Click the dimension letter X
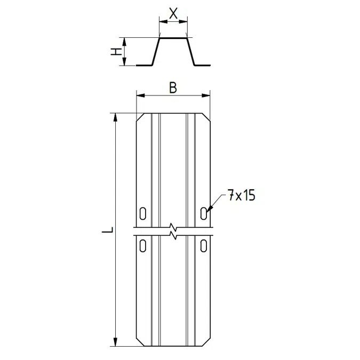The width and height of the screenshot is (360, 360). click(x=173, y=13)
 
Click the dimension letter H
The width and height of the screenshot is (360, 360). click(x=116, y=52)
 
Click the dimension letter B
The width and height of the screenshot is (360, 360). click(x=173, y=87)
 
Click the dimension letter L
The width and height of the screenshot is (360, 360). click(x=107, y=230)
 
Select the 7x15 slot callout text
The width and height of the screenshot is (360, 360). click(x=242, y=195)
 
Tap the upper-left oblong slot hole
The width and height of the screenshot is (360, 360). click(x=143, y=213)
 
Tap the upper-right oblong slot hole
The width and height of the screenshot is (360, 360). click(x=204, y=213)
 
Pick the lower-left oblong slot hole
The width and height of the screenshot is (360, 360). click(x=143, y=245)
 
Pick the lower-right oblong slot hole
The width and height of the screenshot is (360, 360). click(x=204, y=245)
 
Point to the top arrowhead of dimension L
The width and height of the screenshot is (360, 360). click(x=116, y=117)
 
